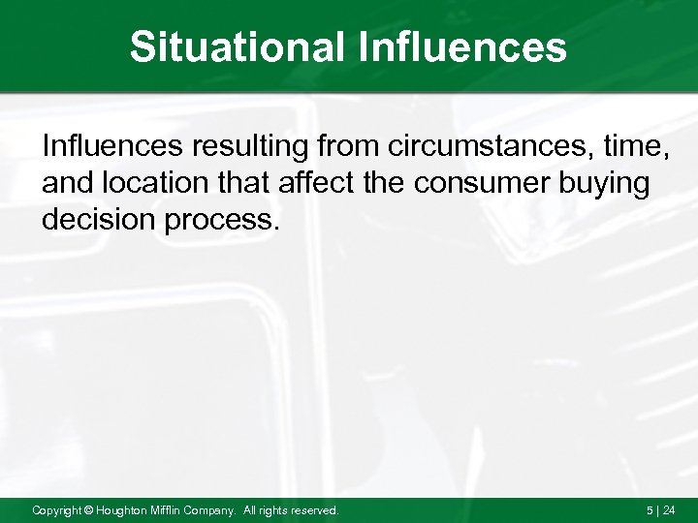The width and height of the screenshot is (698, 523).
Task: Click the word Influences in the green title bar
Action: pyautogui.click(x=464, y=46)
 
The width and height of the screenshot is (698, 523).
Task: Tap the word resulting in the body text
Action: pyautogui.click(x=254, y=147)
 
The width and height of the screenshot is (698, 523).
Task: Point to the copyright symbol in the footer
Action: pyautogui.click(x=87, y=509)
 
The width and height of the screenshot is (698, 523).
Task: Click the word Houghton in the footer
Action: pyautogui.click(x=122, y=509)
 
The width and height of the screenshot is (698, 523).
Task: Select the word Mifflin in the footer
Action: pyautogui.click(x=171, y=509)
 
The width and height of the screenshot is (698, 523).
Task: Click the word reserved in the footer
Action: pyautogui.click(x=312, y=509)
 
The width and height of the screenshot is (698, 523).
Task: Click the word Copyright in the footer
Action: pyautogui.click(x=56, y=509)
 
